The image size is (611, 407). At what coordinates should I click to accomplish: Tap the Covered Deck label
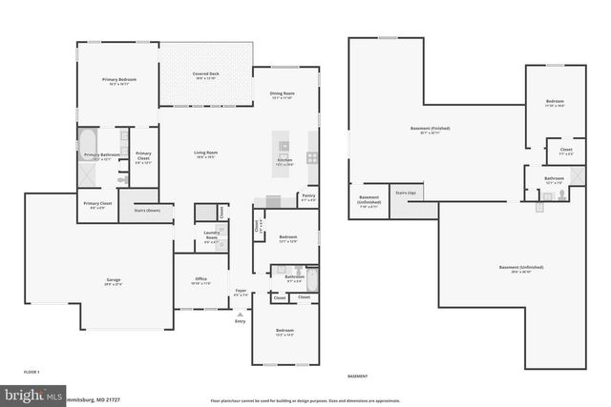click(x=205, y=73)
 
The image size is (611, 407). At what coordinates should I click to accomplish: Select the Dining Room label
click(x=283, y=93)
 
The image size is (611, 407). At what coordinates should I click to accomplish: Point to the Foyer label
click(x=241, y=292)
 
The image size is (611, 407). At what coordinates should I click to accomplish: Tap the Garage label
click(x=114, y=280)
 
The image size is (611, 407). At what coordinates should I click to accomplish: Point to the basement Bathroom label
click(x=555, y=178)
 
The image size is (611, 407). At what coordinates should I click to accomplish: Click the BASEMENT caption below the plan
click(x=357, y=376)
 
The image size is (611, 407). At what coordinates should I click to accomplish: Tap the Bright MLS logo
click(x=32, y=394)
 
